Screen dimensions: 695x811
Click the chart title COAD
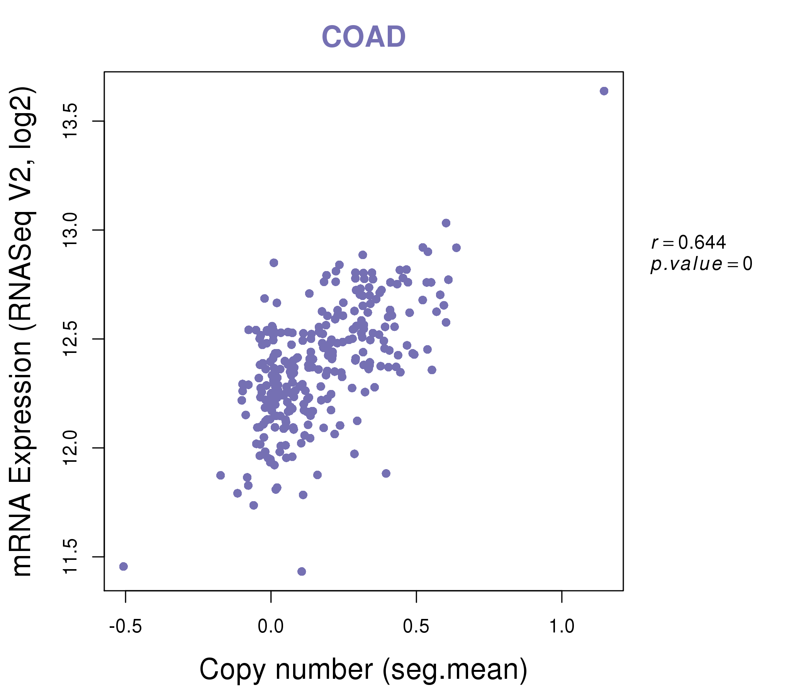click(363, 37)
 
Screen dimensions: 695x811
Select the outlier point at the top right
click(604, 91)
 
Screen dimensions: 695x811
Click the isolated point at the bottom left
click(123, 566)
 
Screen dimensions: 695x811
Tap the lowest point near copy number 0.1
click(301, 571)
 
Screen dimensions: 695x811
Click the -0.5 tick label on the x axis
click(125, 627)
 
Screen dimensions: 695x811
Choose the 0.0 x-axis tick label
click(270, 627)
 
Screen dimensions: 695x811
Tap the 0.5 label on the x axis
click(416, 627)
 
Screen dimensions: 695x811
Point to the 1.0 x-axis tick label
click(562, 627)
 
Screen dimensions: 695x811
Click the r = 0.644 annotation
click(689, 242)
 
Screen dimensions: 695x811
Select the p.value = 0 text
click(701, 264)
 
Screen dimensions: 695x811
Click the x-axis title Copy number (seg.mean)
click(363, 669)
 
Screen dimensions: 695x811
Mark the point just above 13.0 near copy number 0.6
click(446, 223)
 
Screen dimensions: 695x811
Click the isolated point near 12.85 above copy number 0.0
click(273, 263)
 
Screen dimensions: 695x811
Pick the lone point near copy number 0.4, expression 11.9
click(386, 473)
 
